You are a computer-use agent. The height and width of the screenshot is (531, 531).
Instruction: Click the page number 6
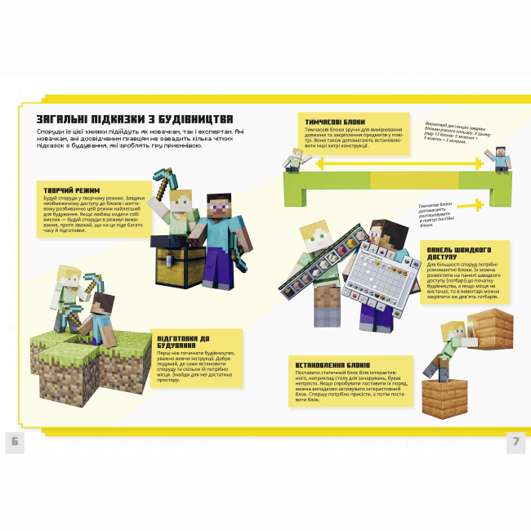pos(15,442)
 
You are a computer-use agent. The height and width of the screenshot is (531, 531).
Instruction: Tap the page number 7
pos(515,442)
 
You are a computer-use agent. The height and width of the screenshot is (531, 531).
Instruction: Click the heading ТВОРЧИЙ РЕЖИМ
pos(71,190)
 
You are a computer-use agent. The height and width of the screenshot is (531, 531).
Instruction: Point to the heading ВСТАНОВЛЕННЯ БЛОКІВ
pos(333,364)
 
